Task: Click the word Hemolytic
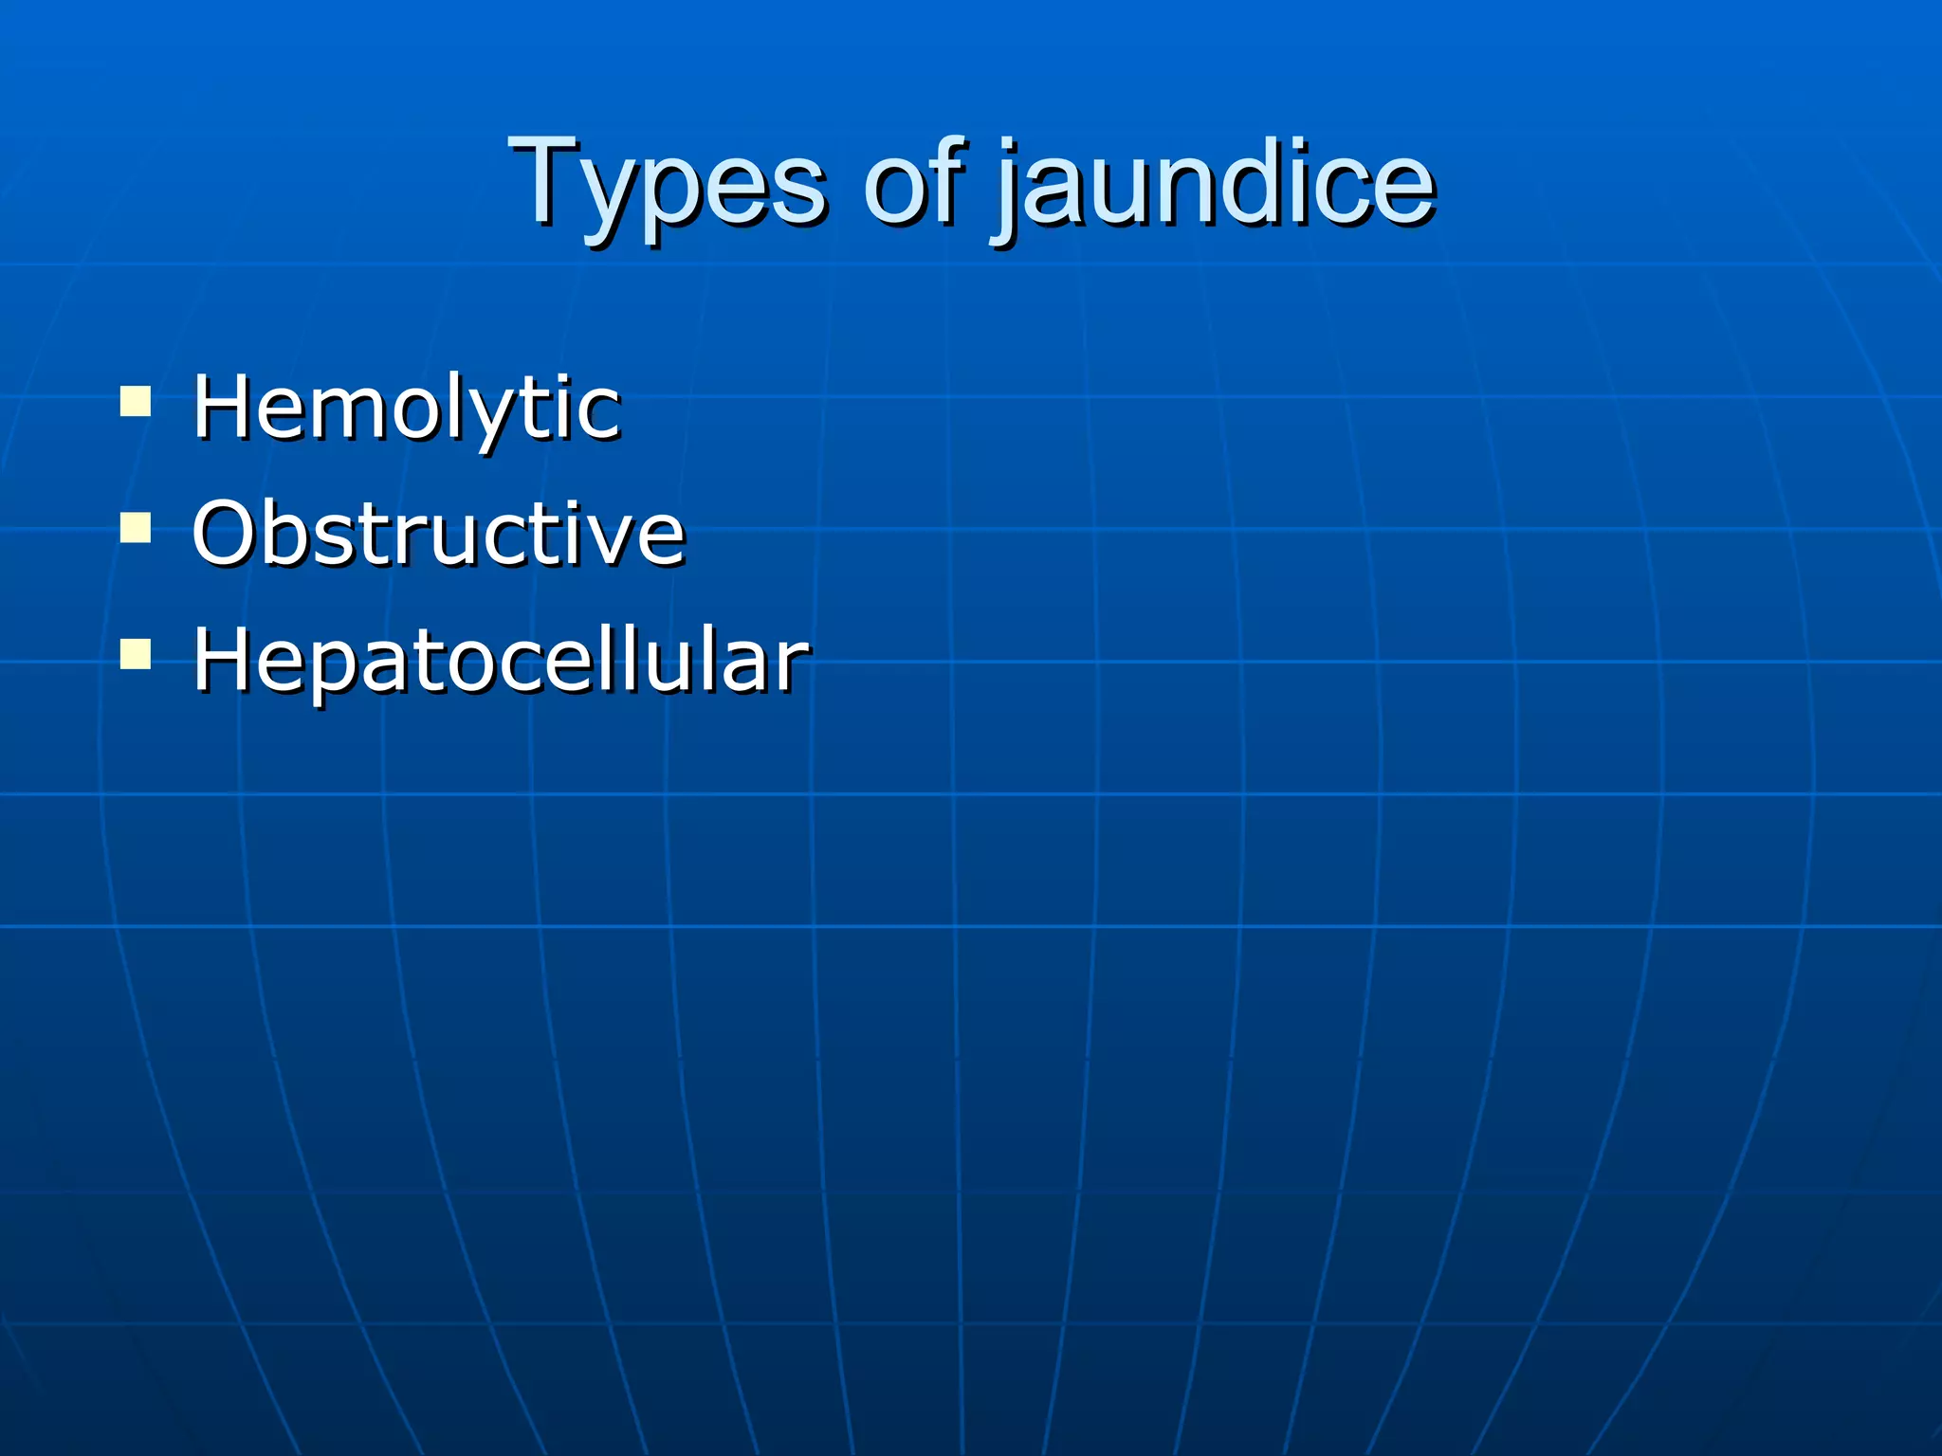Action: (406, 408)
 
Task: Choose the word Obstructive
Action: (438, 533)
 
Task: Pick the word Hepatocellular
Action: (501, 660)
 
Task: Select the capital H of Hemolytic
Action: (224, 407)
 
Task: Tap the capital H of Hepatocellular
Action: (224, 660)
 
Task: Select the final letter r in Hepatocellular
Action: (794, 667)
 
